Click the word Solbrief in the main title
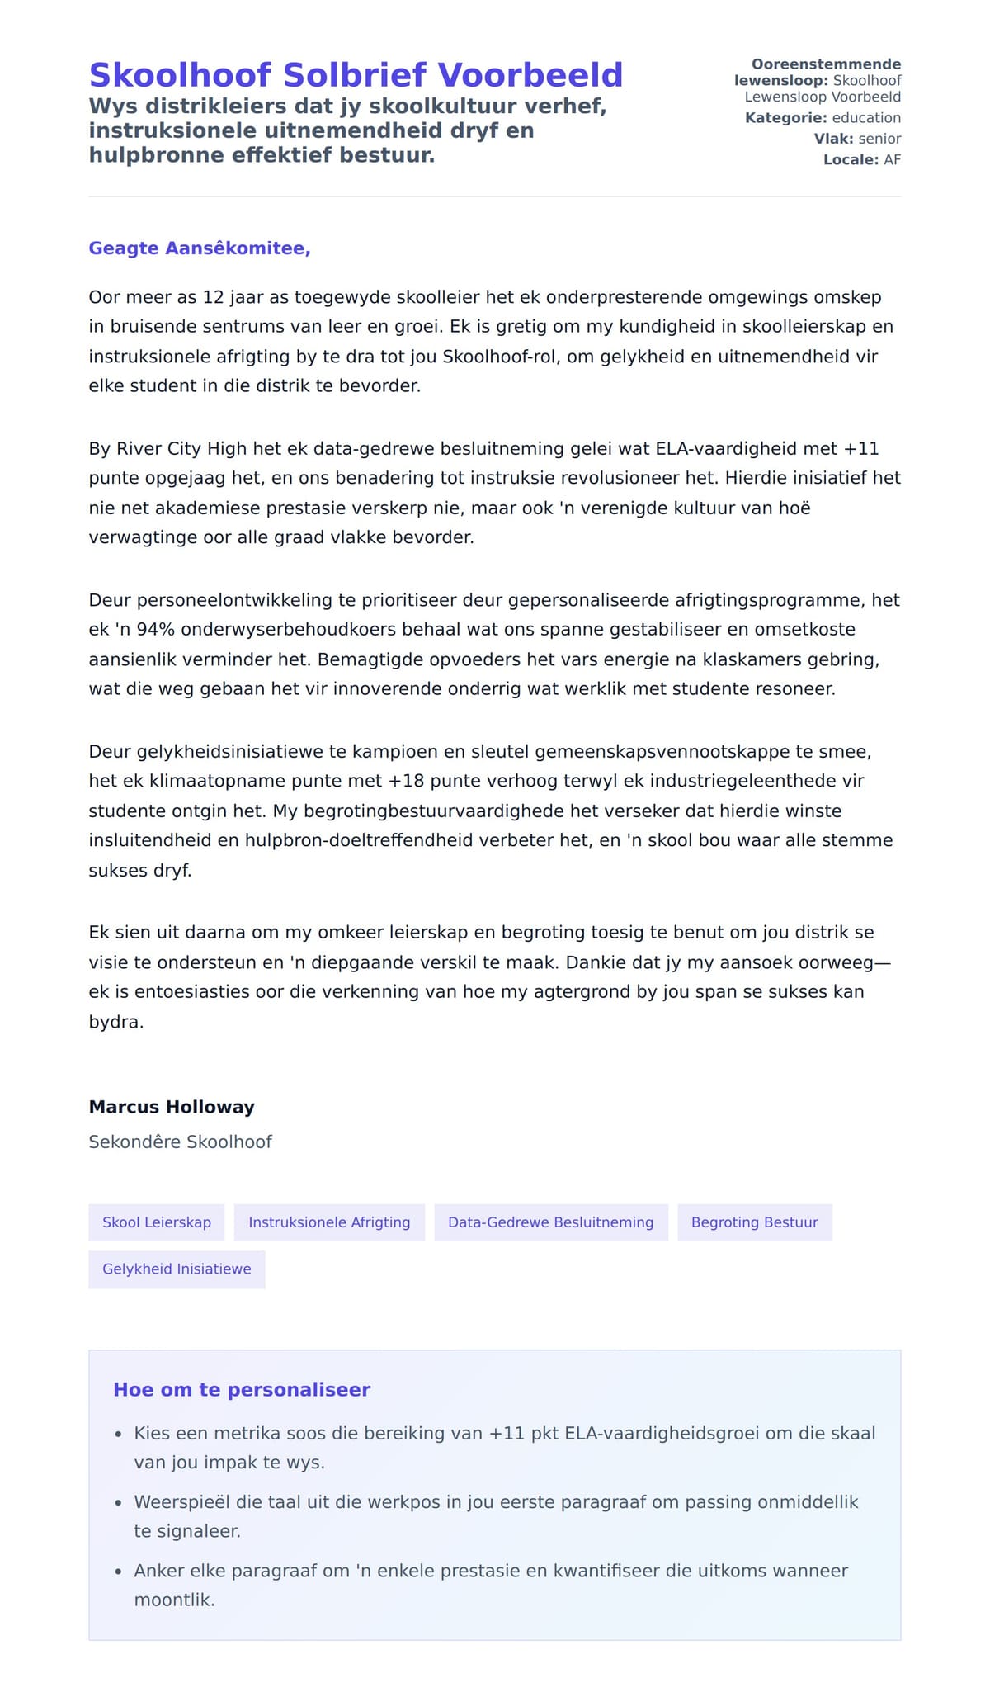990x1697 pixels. [360, 75]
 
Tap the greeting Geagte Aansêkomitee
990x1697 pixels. [200, 248]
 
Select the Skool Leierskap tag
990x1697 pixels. [157, 1222]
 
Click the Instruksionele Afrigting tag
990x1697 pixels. [329, 1222]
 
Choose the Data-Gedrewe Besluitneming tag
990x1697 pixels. [550, 1222]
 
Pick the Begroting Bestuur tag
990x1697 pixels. [754, 1222]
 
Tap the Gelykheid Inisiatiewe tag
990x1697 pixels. [177, 1269]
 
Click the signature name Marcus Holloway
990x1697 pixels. [172, 1107]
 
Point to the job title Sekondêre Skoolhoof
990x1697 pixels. [180, 1142]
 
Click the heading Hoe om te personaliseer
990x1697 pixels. [242, 1390]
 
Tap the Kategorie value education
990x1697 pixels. [866, 118]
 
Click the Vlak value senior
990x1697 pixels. [879, 139]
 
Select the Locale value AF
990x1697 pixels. [892, 160]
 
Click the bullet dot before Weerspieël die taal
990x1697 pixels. [119, 1504]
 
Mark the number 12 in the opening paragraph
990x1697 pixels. [213, 297]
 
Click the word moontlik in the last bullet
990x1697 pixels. [174, 1600]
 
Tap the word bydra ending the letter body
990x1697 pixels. [115, 1022]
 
